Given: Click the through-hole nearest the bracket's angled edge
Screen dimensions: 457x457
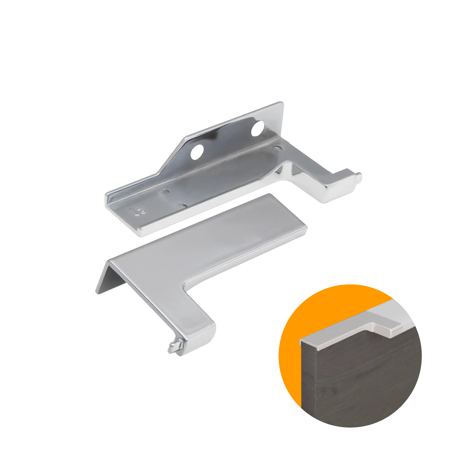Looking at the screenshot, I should point(197,152).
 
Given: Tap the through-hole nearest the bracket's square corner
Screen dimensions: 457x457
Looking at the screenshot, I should point(258,128).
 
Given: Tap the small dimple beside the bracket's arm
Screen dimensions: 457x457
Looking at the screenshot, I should point(277,148).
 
